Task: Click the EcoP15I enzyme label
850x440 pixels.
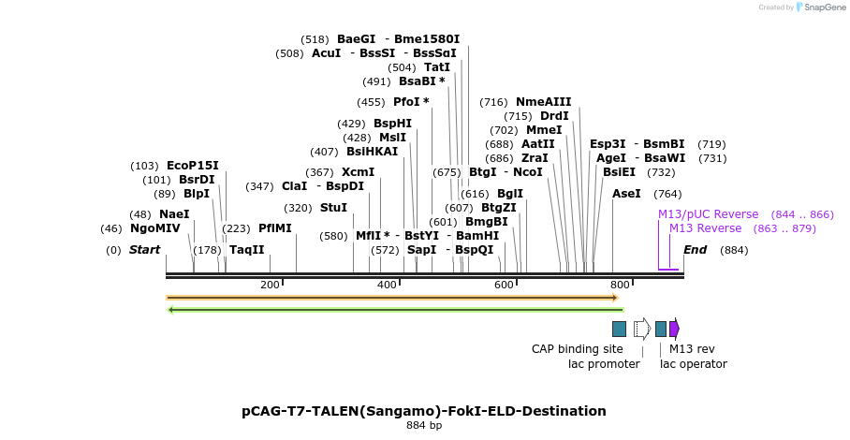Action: pos(192,166)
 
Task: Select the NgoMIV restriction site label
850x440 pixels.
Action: pos(154,228)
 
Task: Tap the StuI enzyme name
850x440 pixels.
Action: pos(333,208)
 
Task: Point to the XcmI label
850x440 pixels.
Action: pos(358,172)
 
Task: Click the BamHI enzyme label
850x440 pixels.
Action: pos(477,236)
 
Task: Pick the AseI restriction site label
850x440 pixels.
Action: pos(626,194)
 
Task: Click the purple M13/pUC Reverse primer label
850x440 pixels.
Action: pos(708,214)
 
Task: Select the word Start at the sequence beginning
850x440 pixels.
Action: pos(144,250)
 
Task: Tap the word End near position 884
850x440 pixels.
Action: pos(695,250)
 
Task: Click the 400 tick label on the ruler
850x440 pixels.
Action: pos(387,285)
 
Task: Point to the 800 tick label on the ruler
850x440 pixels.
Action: pos(619,285)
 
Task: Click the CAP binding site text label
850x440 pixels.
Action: pos(577,349)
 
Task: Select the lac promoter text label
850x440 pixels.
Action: pos(604,364)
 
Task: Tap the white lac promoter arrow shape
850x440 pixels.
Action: pos(641,329)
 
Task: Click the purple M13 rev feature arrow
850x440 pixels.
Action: pos(674,329)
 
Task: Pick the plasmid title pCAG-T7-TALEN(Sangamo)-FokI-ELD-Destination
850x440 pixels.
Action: pos(424,411)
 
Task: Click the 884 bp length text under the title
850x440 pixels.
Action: pos(424,426)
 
